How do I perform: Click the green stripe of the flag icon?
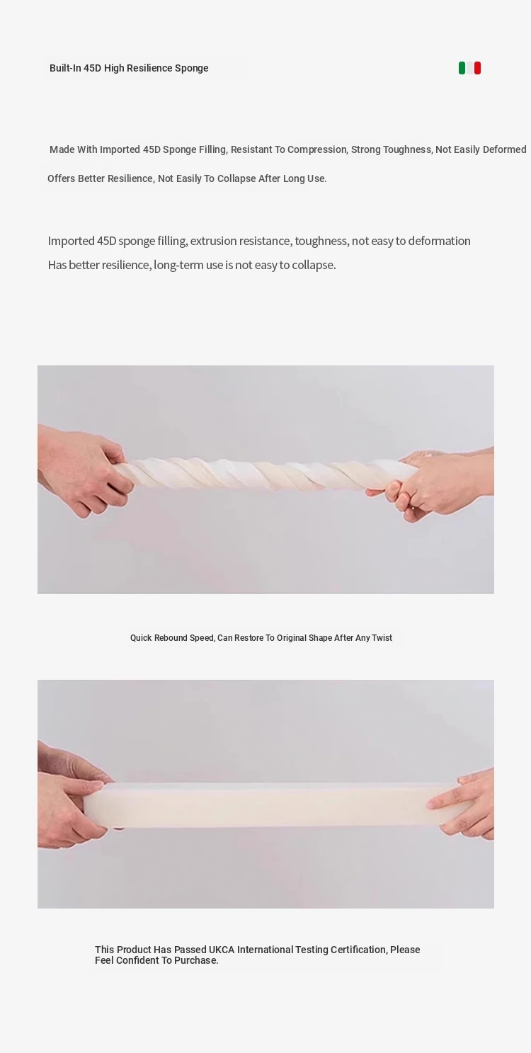[x=462, y=68]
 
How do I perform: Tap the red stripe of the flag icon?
[x=477, y=68]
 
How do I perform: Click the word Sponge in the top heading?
[x=192, y=69]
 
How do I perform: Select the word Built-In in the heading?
[x=65, y=68]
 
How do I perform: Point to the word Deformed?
[x=504, y=149]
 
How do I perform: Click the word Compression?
[x=316, y=150]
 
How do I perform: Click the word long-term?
[x=178, y=265]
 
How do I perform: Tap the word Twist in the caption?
[x=382, y=638]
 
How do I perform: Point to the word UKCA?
[x=222, y=950]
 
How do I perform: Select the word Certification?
[x=358, y=950]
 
